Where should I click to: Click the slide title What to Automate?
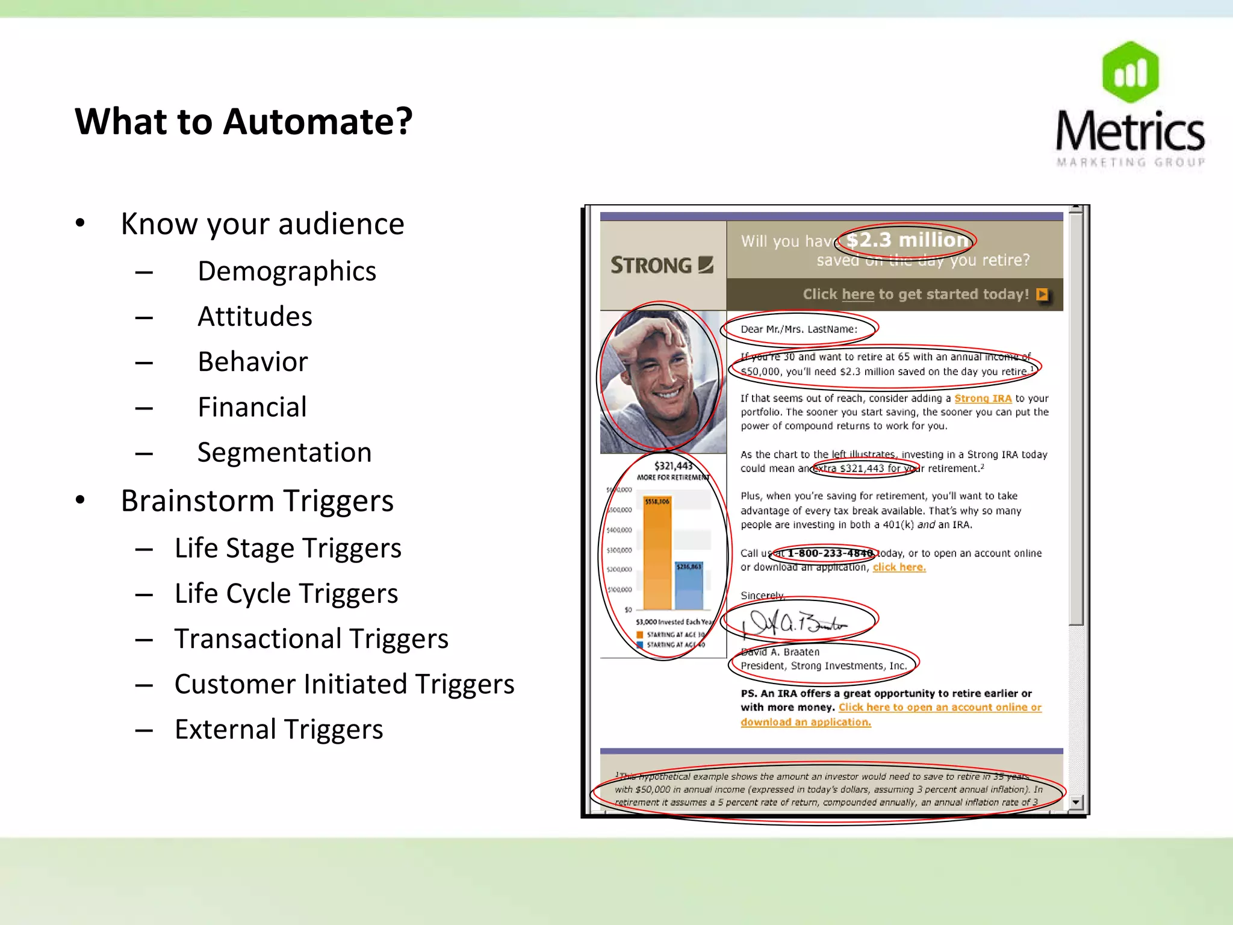244,122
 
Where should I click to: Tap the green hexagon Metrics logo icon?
1130,72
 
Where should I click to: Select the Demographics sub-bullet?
287,271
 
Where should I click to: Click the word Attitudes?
255,317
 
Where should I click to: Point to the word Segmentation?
284,452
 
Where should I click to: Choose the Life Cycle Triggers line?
286,594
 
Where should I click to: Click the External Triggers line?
279,729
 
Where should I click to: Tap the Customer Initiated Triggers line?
344,684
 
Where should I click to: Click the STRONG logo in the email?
662,265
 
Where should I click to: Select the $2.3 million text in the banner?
907,240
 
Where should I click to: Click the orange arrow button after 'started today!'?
1042,294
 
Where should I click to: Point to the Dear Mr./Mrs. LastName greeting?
799,329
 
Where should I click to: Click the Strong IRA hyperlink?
983,399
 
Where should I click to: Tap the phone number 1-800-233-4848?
830,553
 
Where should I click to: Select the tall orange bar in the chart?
657,554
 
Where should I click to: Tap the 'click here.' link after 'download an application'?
899,567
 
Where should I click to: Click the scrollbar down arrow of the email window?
1076,802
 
